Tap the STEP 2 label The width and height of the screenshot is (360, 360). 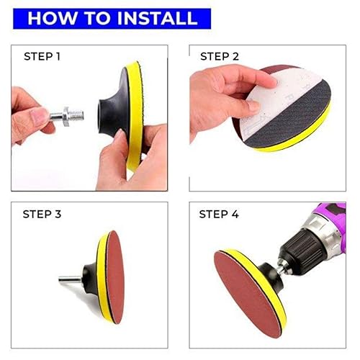click(220, 56)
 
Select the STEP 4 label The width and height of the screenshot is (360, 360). click(220, 214)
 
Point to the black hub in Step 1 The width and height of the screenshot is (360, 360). click(108, 108)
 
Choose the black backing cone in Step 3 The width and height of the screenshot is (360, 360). click(89, 276)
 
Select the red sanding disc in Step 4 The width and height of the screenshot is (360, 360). click(245, 288)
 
